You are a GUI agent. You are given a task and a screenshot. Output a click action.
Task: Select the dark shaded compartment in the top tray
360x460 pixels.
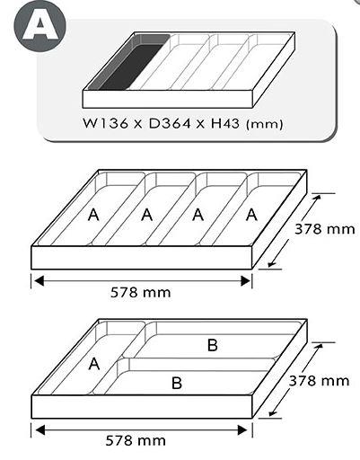tap(128, 62)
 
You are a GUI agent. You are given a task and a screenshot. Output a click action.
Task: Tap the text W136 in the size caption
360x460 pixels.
tap(105, 123)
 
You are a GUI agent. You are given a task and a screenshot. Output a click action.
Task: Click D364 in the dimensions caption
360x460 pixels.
tap(170, 123)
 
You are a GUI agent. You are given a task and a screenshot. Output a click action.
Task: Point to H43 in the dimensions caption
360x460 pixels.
tap(225, 123)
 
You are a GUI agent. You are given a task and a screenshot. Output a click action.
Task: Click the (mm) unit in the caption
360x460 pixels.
tap(264, 124)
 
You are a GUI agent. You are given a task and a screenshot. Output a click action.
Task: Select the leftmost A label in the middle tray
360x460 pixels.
tap(93, 215)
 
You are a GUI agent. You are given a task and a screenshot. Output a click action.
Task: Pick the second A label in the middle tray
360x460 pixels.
tap(146, 215)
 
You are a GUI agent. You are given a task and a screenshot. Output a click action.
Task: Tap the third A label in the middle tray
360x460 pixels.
tap(198, 215)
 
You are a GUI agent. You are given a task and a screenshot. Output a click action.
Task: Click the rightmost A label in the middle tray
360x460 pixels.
tap(251, 215)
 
